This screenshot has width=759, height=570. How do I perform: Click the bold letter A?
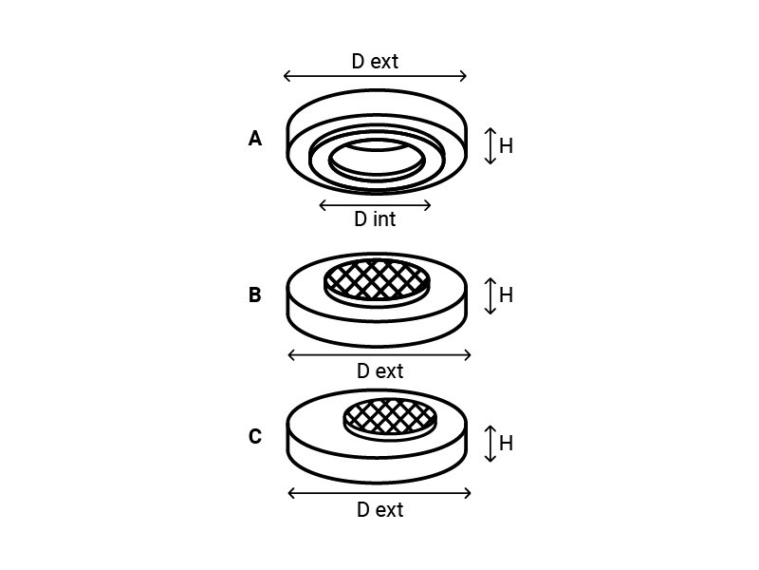(x=255, y=139)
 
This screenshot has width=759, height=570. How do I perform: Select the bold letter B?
(x=255, y=294)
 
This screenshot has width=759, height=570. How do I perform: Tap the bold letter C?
(x=255, y=436)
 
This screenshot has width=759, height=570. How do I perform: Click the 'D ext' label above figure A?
(x=375, y=62)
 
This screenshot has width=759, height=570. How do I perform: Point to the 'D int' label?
(x=375, y=219)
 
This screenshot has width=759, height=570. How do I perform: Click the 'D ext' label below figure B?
(x=380, y=371)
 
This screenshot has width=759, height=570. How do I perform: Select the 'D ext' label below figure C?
(x=380, y=510)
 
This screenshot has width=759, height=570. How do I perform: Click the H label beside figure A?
(x=506, y=145)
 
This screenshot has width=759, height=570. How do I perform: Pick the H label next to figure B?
(x=506, y=294)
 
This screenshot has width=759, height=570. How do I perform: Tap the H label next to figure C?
(x=506, y=443)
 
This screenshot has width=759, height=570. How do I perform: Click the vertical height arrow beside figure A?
(x=491, y=146)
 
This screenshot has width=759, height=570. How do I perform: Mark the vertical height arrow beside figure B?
(x=491, y=296)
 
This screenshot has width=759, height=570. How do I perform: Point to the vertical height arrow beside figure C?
(x=491, y=444)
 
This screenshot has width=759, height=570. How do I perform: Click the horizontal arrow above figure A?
(x=375, y=76)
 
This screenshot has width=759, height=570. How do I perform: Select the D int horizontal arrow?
(x=375, y=205)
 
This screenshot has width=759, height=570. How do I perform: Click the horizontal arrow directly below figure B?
(x=379, y=354)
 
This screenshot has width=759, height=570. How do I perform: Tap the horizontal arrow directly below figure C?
(x=379, y=493)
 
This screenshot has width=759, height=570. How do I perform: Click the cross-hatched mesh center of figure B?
(x=377, y=279)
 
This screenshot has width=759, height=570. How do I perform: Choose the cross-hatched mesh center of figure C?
(x=390, y=417)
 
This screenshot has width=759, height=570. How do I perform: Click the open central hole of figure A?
(x=377, y=160)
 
